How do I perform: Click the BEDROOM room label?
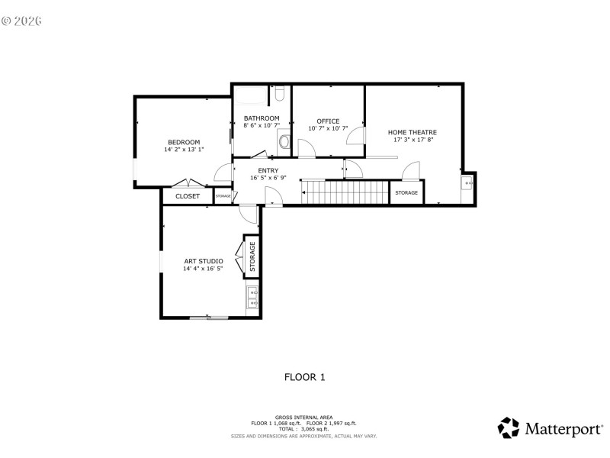184,142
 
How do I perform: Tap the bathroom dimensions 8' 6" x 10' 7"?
262,125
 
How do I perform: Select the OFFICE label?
328,121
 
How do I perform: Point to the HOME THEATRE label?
413,132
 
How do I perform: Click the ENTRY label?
268,170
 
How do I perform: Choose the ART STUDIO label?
203,261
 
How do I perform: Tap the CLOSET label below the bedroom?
188,196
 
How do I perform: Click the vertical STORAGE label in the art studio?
252,256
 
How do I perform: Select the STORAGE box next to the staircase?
406,192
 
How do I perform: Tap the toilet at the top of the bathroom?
280,94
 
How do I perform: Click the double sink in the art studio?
252,297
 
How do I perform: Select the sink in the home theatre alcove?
467,183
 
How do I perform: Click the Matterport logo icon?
509,427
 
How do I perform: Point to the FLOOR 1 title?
305,376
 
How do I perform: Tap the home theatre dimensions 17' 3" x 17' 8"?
413,140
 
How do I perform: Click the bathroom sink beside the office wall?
284,141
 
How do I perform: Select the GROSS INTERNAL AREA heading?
304,417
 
